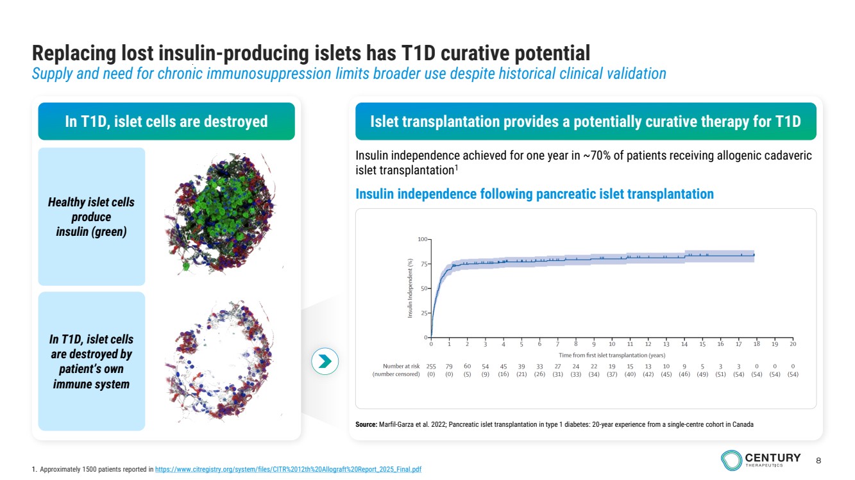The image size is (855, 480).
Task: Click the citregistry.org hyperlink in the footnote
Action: point(288,469)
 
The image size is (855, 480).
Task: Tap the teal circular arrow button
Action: point(325,361)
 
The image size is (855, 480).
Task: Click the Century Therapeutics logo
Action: point(761,459)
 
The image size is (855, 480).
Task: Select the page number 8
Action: point(818,461)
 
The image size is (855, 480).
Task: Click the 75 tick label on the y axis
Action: point(423,264)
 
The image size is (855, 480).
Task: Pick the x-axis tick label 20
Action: point(793,344)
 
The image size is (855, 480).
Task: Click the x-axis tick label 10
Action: point(612,344)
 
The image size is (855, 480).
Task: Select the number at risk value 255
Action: point(431,366)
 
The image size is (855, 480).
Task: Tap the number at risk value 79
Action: point(449,366)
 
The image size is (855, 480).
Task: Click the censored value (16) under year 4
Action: point(503,374)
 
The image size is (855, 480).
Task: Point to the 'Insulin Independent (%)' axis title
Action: point(411,288)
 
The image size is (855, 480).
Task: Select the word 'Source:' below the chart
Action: point(366,424)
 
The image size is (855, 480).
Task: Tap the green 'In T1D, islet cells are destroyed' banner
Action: point(166,121)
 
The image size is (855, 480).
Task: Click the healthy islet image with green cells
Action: point(220,213)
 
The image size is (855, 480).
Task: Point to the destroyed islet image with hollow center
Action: point(220,360)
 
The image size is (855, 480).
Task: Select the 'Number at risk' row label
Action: point(401,366)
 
